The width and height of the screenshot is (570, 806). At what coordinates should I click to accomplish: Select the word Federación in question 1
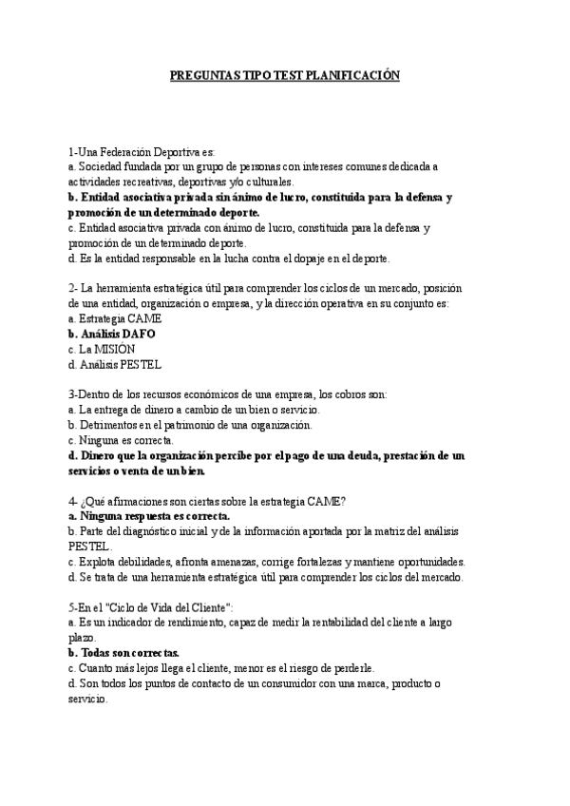(118, 152)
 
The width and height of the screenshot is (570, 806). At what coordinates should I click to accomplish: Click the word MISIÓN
(113, 349)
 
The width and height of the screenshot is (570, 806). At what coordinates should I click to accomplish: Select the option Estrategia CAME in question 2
(110, 318)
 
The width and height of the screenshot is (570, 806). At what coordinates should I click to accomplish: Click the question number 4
(71, 501)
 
